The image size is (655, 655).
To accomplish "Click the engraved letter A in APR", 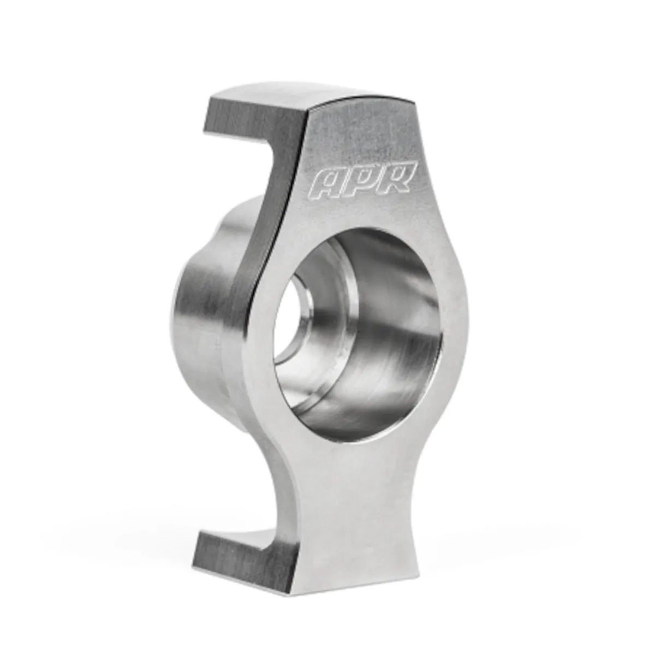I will pos(327,185).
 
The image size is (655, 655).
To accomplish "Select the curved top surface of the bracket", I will pos(306,94).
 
